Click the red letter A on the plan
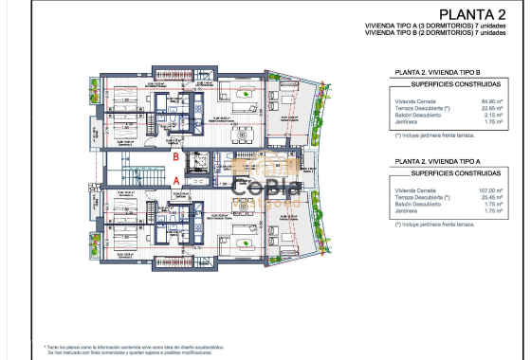[175, 177]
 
